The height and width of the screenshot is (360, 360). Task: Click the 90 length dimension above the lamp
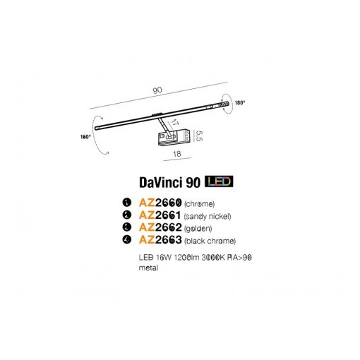[157, 90]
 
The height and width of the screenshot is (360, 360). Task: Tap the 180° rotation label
[240, 103]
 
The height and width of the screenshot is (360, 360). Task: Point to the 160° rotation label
[85, 137]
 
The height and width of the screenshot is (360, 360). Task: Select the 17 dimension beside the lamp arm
[174, 122]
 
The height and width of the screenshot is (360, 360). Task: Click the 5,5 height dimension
[199, 136]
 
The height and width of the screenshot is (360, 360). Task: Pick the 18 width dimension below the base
[177, 154]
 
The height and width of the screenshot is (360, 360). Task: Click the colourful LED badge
[219, 181]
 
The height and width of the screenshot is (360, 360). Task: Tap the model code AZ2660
[160, 203]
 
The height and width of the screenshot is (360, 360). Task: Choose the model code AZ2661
[160, 215]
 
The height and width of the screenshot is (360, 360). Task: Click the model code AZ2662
[160, 227]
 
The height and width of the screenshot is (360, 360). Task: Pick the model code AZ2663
[160, 240]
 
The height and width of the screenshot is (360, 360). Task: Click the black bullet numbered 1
[127, 203]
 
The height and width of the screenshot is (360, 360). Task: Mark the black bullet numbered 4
[127, 240]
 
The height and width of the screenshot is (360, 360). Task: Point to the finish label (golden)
[198, 228]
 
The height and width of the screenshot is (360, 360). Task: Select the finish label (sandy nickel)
[208, 216]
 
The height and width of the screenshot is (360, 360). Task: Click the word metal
[148, 268]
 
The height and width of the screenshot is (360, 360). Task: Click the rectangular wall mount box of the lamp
[174, 137]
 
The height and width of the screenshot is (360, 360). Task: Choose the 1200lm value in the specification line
[186, 258]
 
